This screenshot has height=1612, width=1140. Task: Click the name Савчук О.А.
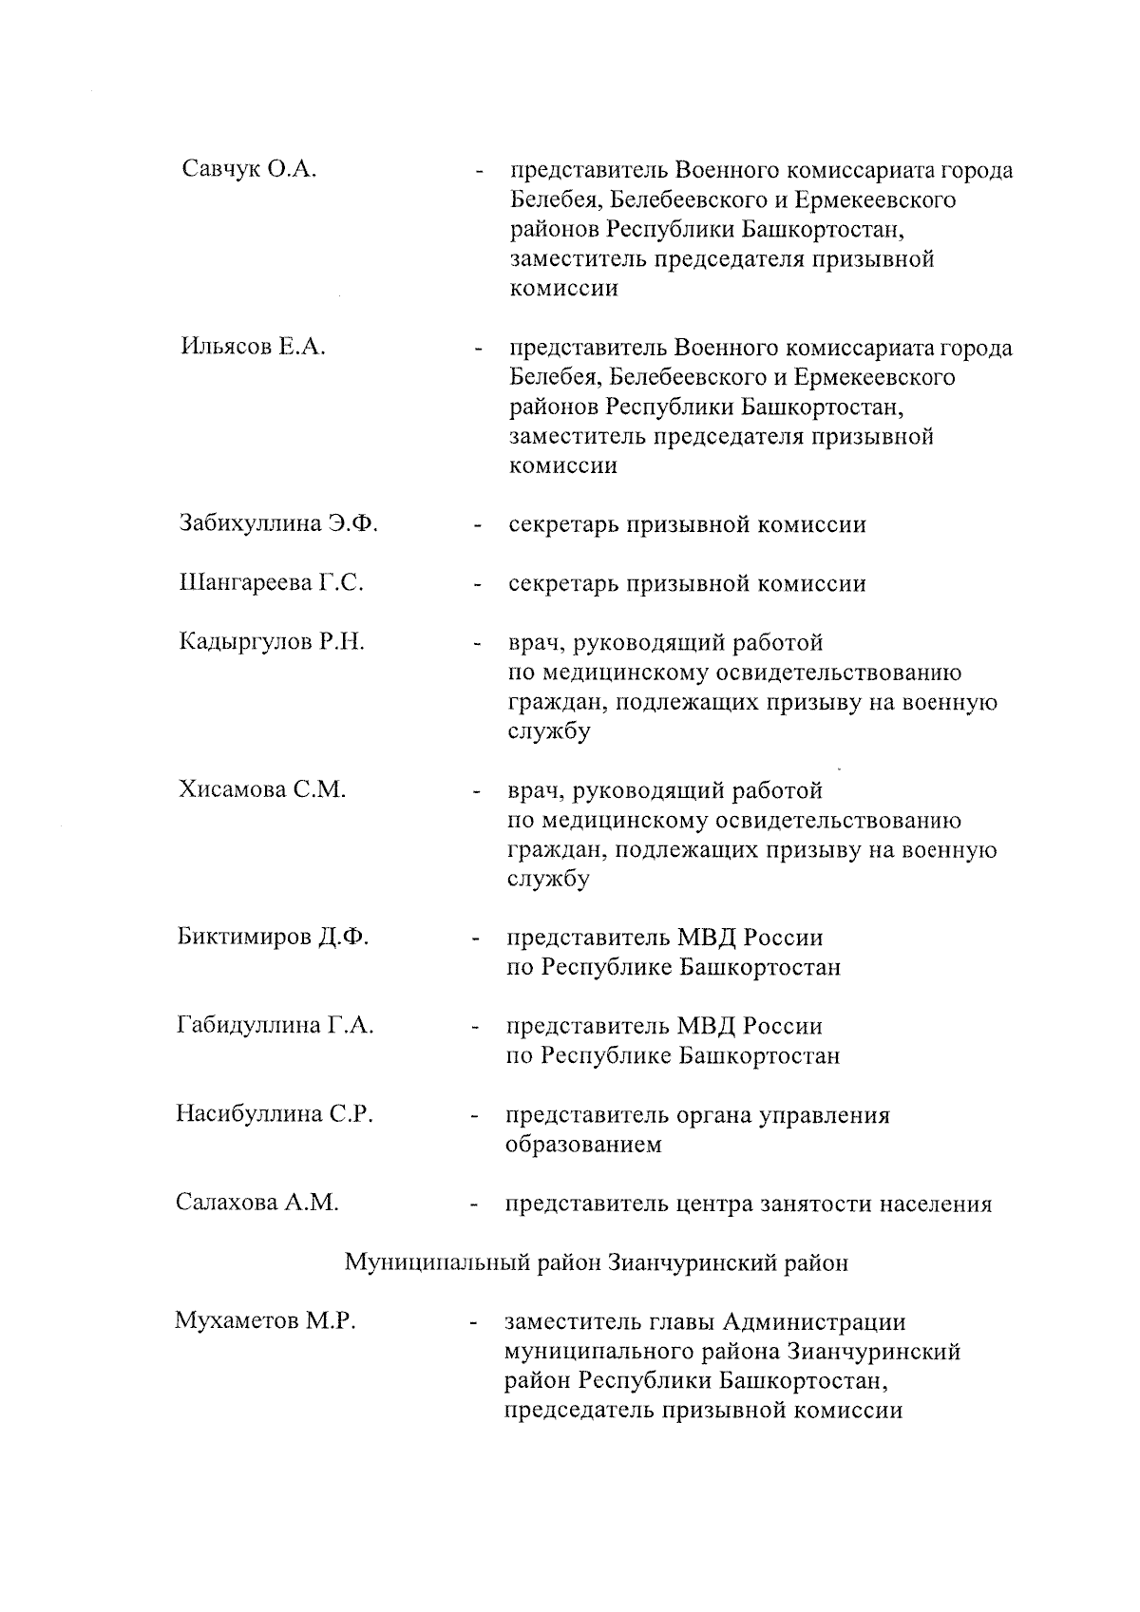pyautogui.click(x=248, y=170)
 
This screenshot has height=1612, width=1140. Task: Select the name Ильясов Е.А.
pyautogui.click(x=253, y=347)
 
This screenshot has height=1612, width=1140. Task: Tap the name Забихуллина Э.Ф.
pyautogui.click(x=278, y=524)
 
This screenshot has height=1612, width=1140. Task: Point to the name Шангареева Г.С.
pyautogui.click(x=271, y=583)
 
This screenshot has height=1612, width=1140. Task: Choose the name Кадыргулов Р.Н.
pyautogui.click(x=272, y=642)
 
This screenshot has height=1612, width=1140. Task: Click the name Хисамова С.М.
pyautogui.click(x=262, y=790)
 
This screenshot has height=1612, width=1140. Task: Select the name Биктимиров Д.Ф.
pyautogui.click(x=273, y=938)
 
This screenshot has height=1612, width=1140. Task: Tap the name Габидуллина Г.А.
pyautogui.click(x=275, y=1026)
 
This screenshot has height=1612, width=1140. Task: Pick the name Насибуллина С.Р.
pyautogui.click(x=275, y=1114)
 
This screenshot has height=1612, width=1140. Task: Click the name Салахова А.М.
pyautogui.click(x=256, y=1203)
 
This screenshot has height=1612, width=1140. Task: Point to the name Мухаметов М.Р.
pyautogui.click(x=265, y=1321)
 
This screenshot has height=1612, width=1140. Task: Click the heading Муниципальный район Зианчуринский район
pyautogui.click(x=596, y=1262)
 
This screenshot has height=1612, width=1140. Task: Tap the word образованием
pyautogui.click(x=583, y=1145)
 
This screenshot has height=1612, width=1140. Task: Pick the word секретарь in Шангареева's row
pyautogui.click(x=561, y=583)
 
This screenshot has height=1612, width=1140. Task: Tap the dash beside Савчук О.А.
pyautogui.click(x=480, y=173)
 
